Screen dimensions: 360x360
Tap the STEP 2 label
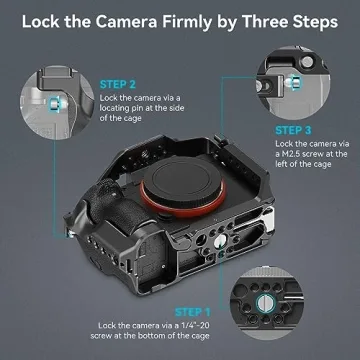118,86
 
